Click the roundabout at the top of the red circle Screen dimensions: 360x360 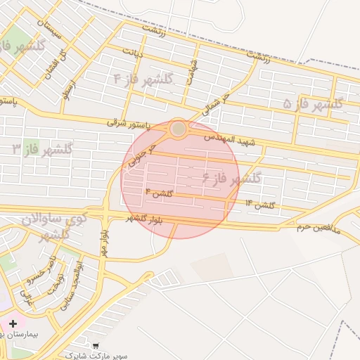pyautogui.click(x=179, y=129)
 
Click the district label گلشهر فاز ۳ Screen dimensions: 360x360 pyautogui.click(x=44, y=149)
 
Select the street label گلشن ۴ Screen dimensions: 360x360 pyautogui.click(x=158, y=192)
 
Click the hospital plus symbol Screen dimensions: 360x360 pyautogui.click(x=12, y=323)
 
